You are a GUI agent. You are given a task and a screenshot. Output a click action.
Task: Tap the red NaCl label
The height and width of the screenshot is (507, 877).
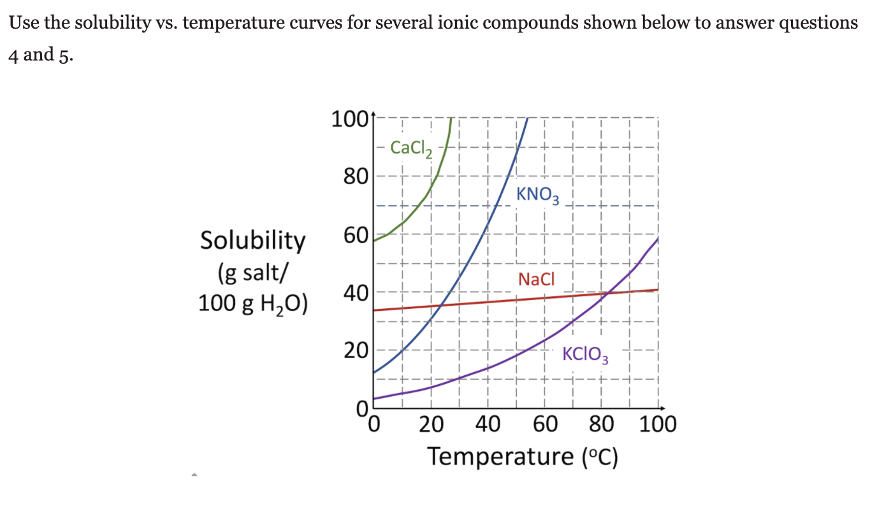(537, 279)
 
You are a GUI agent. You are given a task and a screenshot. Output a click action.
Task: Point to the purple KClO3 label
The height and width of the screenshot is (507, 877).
(585, 355)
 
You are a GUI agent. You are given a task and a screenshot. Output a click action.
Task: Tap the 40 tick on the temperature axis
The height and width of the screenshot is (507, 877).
(488, 424)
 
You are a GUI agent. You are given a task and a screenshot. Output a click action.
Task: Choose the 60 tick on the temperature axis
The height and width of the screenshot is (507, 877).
(545, 424)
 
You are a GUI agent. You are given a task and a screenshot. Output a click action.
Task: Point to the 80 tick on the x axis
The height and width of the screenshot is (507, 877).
(600, 424)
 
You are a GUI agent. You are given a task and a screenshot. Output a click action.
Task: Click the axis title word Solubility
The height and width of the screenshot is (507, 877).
(253, 241)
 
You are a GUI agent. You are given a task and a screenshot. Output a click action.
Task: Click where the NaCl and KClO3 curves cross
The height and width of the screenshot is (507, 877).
(609, 293)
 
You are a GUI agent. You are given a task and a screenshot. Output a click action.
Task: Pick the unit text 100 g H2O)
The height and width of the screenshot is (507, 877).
(253, 302)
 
